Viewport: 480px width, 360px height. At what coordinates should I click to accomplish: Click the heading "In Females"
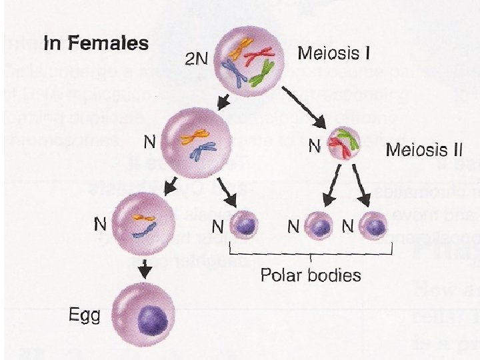point(95,44)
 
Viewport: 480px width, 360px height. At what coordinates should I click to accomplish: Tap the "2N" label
point(197,59)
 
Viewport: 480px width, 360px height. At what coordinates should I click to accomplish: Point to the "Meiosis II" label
point(424,149)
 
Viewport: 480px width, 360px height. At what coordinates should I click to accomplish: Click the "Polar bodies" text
point(311,275)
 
